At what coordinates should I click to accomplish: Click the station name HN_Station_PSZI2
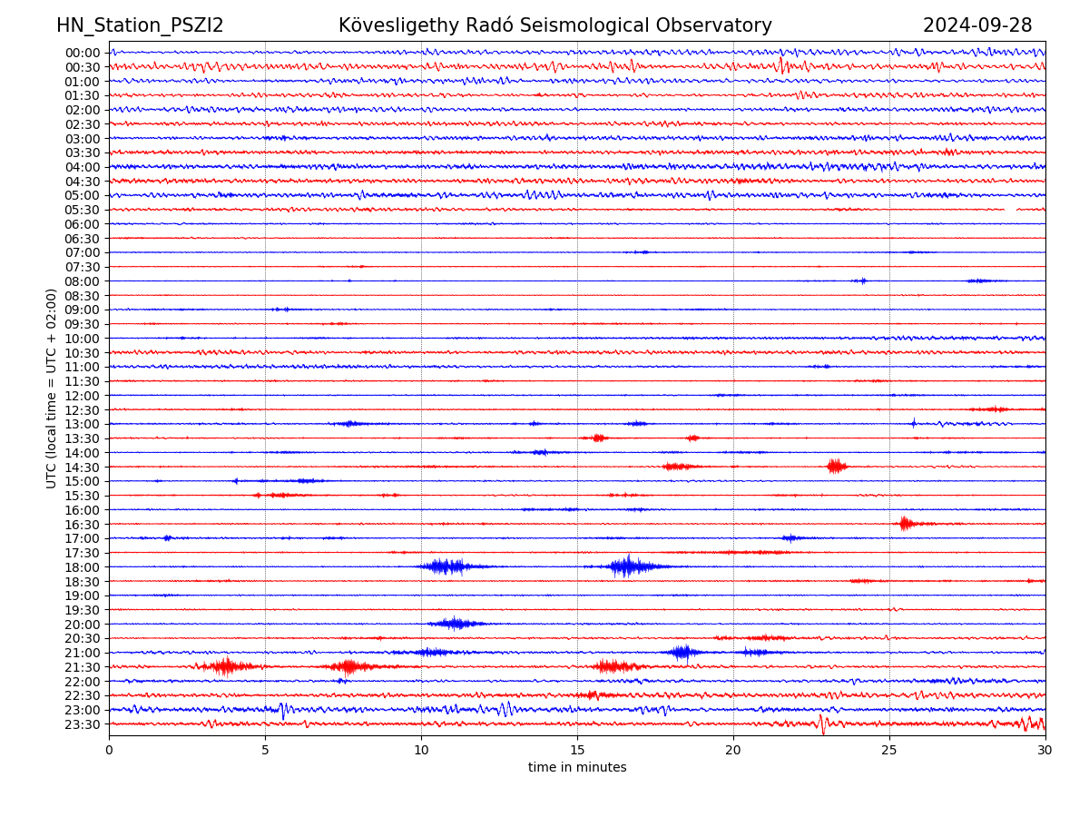(x=140, y=25)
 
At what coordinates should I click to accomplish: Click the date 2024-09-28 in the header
(x=977, y=25)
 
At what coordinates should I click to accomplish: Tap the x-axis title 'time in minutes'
(x=577, y=768)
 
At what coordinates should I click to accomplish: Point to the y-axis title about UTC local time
(x=52, y=388)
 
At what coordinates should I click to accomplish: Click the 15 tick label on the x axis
(x=577, y=751)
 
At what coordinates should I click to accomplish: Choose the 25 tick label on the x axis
(x=889, y=751)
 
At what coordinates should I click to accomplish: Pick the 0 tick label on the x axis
(x=109, y=751)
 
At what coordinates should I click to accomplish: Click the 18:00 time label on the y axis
(x=82, y=567)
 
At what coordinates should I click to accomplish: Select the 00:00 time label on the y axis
(x=82, y=53)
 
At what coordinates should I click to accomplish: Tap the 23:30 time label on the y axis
(x=82, y=724)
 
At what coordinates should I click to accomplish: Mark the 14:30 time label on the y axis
(x=82, y=467)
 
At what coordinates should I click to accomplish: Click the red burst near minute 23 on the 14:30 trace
(x=836, y=466)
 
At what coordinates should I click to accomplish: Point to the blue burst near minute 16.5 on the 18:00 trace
(x=627, y=566)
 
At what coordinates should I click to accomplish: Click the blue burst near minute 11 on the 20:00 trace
(x=456, y=623)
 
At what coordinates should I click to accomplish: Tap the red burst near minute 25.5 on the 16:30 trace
(x=905, y=523)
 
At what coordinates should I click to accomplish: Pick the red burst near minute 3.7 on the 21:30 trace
(x=224, y=666)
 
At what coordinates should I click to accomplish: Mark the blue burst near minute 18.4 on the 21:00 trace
(x=683, y=652)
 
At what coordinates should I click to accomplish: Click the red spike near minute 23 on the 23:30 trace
(x=822, y=723)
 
